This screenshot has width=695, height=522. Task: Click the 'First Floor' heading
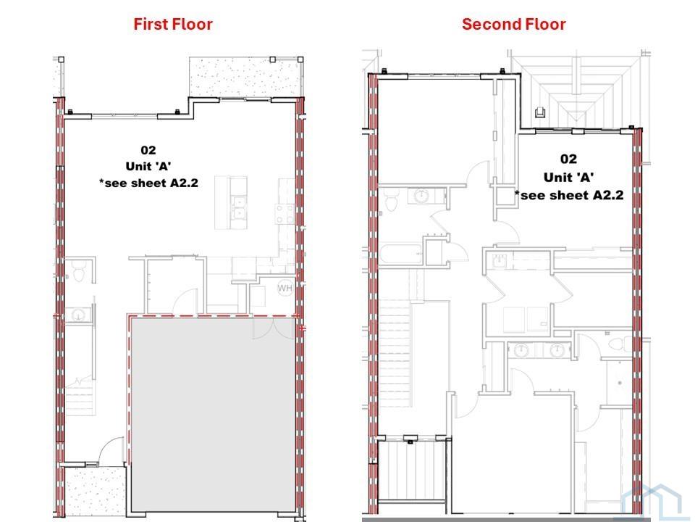click(x=173, y=24)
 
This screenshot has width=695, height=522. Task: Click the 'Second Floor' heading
click(x=514, y=24)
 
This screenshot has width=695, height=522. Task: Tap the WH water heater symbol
click(x=285, y=288)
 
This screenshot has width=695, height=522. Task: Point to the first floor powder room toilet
click(x=79, y=272)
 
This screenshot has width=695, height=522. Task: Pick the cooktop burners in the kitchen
click(x=285, y=213)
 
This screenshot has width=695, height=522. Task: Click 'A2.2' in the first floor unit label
click(x=182, y=183)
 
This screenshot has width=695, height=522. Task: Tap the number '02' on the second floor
click(x=569, y=159)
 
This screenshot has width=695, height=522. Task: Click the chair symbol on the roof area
click(x=540, y=112)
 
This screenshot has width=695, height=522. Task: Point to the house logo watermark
click(x=651, y=503)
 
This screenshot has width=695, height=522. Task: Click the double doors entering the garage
click(x=274, y=328)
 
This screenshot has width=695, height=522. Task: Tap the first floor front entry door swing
click(x=111, y=450)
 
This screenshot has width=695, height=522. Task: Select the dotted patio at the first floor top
click(x=245, y=78)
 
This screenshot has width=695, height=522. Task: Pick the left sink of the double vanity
click(x=521, y=350)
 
